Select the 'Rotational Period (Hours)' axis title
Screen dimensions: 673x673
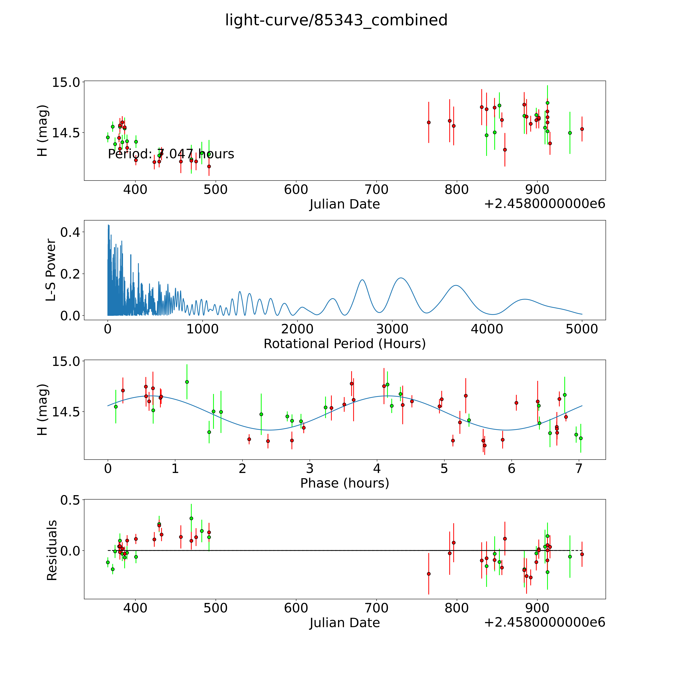(x=344, y=344)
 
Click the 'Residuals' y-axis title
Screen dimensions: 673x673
(x=52, y=550)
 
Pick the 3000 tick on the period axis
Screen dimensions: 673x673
(x=392, y=329)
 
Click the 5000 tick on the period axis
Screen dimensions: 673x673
(x=582, y=329)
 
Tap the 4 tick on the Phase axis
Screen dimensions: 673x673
(x=377, y=468)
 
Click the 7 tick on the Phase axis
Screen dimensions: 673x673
(x=579, y=468)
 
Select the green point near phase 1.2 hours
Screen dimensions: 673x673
(x=187, y=382)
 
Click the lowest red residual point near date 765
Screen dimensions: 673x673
(x=429, y=574)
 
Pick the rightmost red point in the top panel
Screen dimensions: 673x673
(x=582, y=129)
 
